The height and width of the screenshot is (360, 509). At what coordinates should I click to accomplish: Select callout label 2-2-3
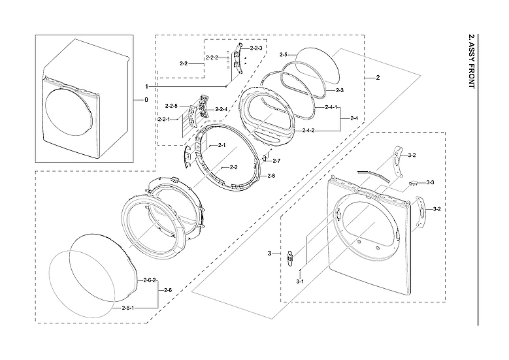[257, 48]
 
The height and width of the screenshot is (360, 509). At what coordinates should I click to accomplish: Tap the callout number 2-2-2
[212, 58]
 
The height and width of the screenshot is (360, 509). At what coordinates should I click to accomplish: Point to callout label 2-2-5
[172, 105]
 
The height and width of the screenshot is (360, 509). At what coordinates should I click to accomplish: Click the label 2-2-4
[220, 109]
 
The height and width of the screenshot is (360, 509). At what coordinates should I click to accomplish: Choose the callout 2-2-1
[163, 120]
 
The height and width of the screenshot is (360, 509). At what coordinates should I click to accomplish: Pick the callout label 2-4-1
[331, 107]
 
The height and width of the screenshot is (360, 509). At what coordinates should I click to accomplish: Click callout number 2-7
[276, 161]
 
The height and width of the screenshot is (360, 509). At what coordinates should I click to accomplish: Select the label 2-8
[271, 176]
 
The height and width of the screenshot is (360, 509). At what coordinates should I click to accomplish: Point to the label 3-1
[301, 281]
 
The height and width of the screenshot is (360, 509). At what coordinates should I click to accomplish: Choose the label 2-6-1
[129, 307]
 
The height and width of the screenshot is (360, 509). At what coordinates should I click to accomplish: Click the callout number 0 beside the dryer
[146, 100]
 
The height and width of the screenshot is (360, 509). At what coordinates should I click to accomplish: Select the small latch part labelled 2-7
[265, 157]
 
